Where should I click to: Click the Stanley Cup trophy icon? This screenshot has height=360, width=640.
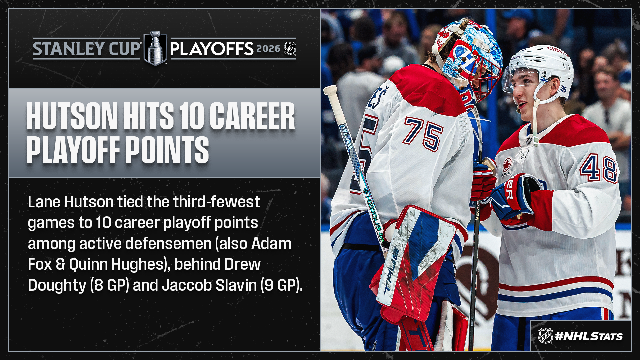155,48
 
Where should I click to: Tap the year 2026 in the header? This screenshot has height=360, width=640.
268,49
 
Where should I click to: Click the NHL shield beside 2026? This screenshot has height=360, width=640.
290,49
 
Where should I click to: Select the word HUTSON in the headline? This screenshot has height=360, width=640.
72,116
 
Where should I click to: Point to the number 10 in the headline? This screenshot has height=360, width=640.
191,116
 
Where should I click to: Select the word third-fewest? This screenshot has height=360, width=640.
216,202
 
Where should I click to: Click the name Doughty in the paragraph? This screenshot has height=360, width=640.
57,285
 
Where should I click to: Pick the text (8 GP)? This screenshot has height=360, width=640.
109,285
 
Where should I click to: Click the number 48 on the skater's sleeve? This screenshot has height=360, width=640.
599,168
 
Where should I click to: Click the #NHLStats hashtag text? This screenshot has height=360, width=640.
589,336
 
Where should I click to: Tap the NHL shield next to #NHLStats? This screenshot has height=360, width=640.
545,336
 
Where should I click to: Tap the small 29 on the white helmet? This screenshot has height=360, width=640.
564,89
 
